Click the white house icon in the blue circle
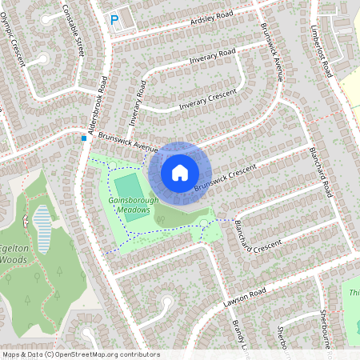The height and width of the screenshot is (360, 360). (180, 172)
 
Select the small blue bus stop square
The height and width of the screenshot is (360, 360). (83, 138)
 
